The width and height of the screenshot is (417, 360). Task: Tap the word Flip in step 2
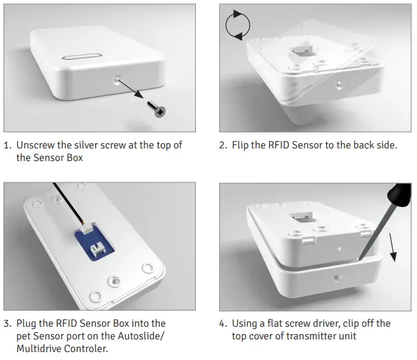tap(243, 144)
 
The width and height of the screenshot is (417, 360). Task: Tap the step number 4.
tap(222, 323)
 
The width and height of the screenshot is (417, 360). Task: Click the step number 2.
tap(222, 144)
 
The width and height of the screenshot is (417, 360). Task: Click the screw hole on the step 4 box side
tap(338, 278)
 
